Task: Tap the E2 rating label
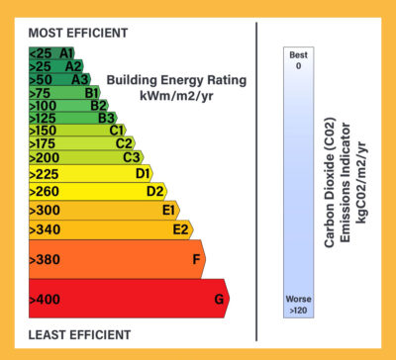[181, 229]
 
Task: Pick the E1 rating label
[169, 210]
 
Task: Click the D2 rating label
[154, 191]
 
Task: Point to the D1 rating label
[143, 173]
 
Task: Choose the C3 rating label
[131, 156]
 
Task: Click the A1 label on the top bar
[66, 52]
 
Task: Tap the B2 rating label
[98, 105]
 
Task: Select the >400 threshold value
[46, 299]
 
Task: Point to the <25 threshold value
[41, 52]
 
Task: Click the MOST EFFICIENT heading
[78, 32]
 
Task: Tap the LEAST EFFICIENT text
[78, 334]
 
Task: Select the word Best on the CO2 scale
[298, 55]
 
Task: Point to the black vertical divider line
[257, 178]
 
